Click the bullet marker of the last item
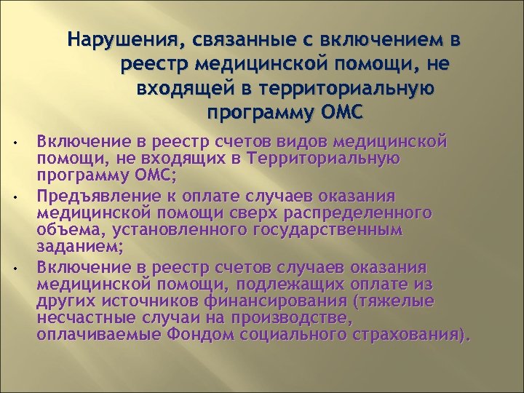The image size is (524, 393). pyautogui.click(x=24, y=266)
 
